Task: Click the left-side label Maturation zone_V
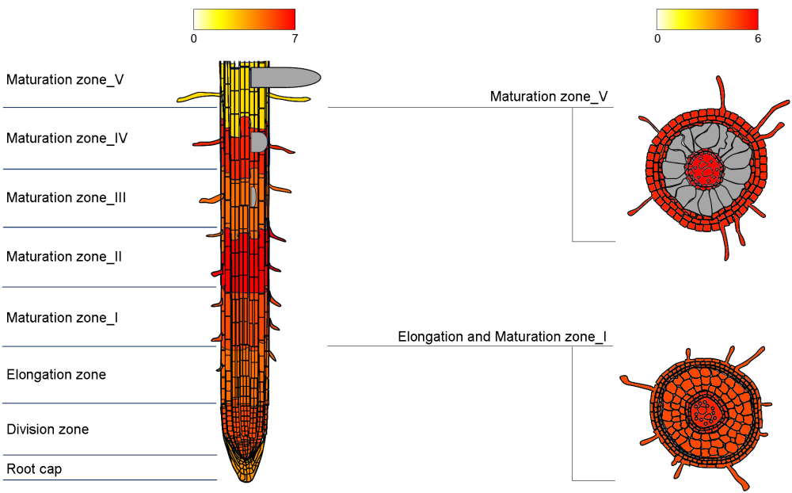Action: (x=65, y=80)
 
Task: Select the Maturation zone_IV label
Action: (x=67, y=139)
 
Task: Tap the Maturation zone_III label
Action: (x=66, y=198)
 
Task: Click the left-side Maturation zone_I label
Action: (x=62, y=318)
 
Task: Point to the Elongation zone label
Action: (x=56, y=375)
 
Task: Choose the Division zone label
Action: (x=48, y=430)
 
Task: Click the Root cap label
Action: (x=34, y=469)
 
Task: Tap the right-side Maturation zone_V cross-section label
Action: (x=549, y=97)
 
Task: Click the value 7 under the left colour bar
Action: (x=295, y=38)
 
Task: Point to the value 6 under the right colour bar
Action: (x=758, y=38)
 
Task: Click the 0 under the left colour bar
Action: (x=194, y=38)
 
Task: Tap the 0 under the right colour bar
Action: (x=657, y=38)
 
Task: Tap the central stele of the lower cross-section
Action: (x=703, y=411)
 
